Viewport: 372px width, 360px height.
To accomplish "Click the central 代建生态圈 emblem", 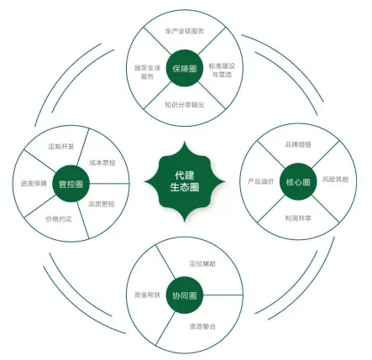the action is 185,181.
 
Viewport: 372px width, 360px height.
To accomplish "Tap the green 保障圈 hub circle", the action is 185,68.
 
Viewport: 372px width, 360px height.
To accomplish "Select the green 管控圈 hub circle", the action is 71,184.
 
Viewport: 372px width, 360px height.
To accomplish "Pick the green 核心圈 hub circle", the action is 298,182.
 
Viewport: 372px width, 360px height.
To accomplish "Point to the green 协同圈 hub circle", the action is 185,295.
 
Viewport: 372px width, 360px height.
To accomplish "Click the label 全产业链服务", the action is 185,31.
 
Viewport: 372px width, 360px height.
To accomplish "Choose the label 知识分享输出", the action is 185,105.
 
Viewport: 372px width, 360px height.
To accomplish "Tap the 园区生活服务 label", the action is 147,72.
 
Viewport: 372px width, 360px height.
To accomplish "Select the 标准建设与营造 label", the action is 222,70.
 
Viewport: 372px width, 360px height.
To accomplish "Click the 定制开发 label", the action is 61,146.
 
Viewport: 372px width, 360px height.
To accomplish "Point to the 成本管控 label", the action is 102,163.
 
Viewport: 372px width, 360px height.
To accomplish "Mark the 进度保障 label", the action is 34,184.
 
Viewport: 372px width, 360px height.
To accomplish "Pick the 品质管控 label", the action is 102,204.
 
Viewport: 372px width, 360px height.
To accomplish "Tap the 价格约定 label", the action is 59,219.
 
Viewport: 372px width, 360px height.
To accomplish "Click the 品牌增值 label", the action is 298,144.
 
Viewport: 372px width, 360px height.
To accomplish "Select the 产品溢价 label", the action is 261,181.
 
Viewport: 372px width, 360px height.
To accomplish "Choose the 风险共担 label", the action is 335,180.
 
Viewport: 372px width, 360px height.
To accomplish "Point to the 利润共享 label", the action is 298,218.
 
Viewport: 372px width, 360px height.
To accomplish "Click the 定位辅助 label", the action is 202,263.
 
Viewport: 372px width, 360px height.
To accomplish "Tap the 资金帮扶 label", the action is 147,295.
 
